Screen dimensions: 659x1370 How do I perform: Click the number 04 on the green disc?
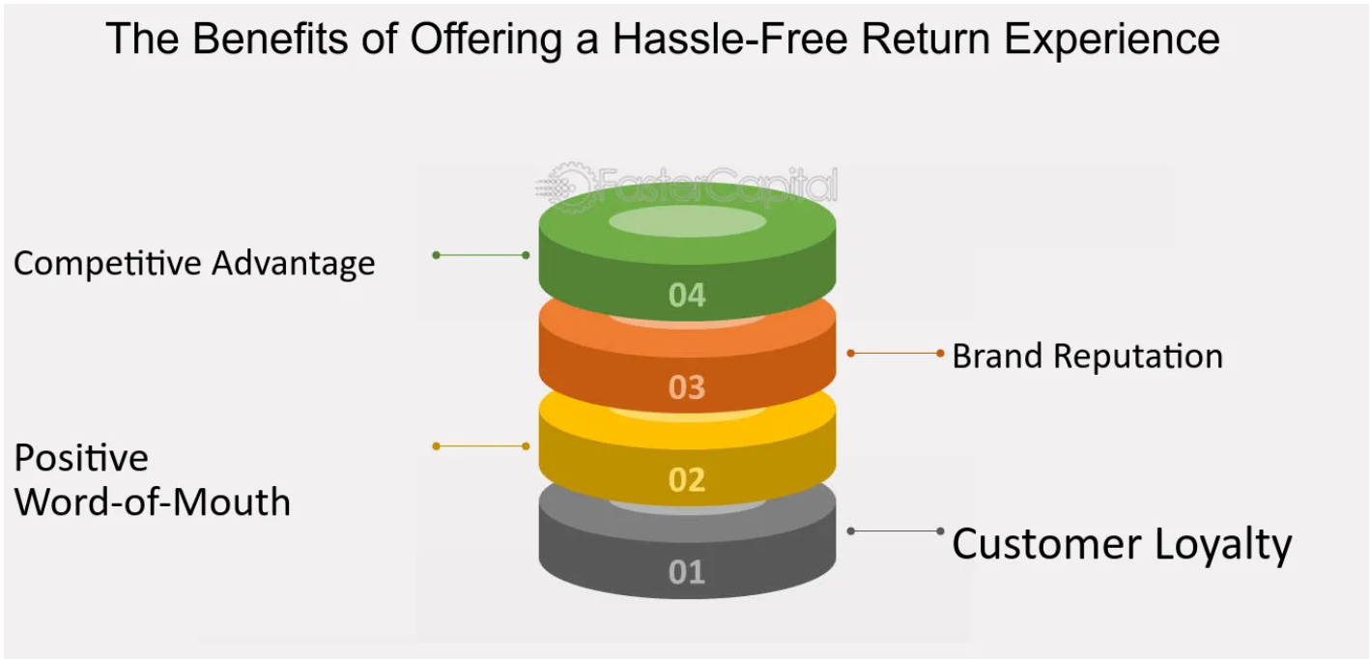[687, 295]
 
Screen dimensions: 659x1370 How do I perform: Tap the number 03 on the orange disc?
[687, 387]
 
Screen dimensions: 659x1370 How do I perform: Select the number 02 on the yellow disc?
[687, 479]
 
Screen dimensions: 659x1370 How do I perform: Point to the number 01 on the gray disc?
[687, 572]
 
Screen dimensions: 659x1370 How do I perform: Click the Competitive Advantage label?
[194, 263]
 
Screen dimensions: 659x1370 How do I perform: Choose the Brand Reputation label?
[1087, 357]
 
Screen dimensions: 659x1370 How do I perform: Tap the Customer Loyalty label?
[1121, 544]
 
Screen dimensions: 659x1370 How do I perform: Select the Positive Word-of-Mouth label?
[152, 480]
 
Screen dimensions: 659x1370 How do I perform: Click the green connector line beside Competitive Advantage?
[481, 255]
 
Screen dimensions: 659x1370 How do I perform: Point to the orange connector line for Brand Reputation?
[895, 354]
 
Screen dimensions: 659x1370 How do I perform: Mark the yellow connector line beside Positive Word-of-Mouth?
[481, 446]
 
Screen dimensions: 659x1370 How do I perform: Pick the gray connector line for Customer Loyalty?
[895, 530]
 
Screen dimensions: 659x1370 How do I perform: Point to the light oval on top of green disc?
[687, 221]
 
